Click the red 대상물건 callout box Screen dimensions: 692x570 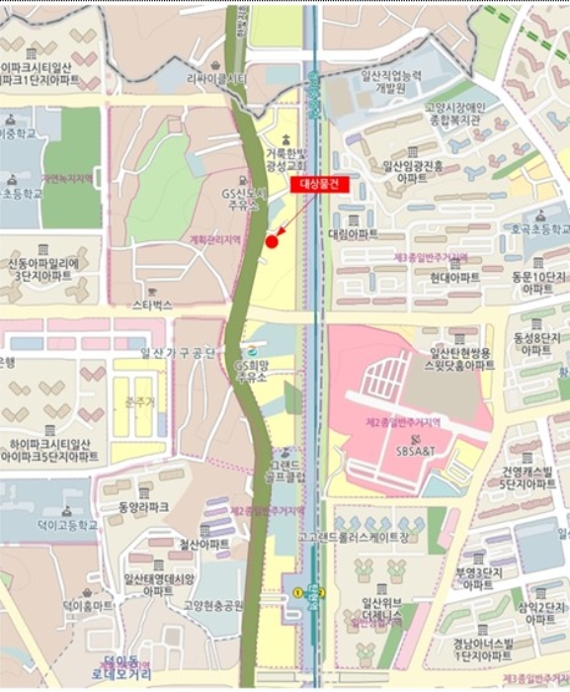319,184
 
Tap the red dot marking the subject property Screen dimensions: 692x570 272,241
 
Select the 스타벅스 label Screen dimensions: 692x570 152,306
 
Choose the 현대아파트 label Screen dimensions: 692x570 454,278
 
